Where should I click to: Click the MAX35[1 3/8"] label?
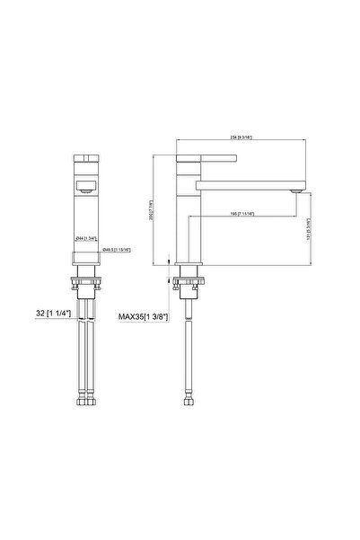point(146,316)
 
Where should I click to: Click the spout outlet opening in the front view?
point(86,189)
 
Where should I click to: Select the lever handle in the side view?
point(206,160)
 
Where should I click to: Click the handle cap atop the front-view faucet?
point(86,158)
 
